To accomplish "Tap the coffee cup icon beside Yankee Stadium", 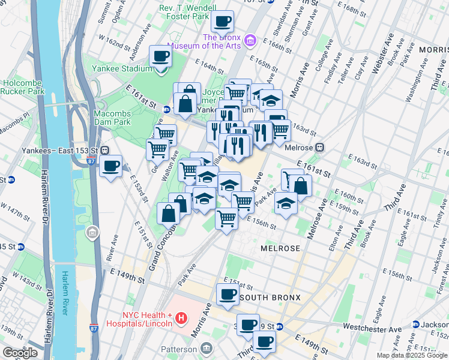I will [x=160, y=56].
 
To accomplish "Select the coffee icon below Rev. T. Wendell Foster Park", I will [x=222, y=22].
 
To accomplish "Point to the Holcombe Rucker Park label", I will [x=23, y=87].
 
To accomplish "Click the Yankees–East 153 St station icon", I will [x=105, y=150].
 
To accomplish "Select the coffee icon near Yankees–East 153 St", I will [x=110, y=166].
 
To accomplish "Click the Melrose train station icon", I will [x=321, y=146].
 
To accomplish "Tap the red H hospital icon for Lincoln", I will [x=181, y=319].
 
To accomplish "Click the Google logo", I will [x=20, y=353].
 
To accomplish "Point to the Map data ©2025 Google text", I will [x=412, y=355].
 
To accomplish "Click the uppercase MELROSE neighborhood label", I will [x=280, y=248].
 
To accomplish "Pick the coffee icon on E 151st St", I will [x=228, y=295].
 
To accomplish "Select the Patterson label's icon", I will [x=206, y=348].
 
